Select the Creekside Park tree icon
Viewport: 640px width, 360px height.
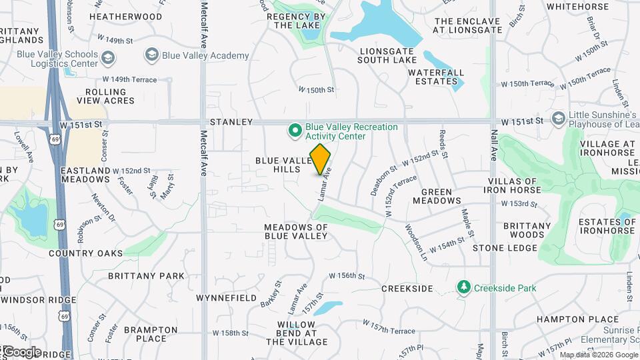coord(464,288)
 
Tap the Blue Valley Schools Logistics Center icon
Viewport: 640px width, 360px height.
coord(107,59)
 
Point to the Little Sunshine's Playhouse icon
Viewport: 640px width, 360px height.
coord(559,118)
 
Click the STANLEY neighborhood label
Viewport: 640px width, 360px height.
coord(231,123)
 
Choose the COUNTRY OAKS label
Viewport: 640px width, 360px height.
coord(86,253)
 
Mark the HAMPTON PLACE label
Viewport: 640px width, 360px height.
coord(568,319)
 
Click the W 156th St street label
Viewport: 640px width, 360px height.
coord(348,275)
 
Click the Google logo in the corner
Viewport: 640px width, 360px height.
coord(22,351)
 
